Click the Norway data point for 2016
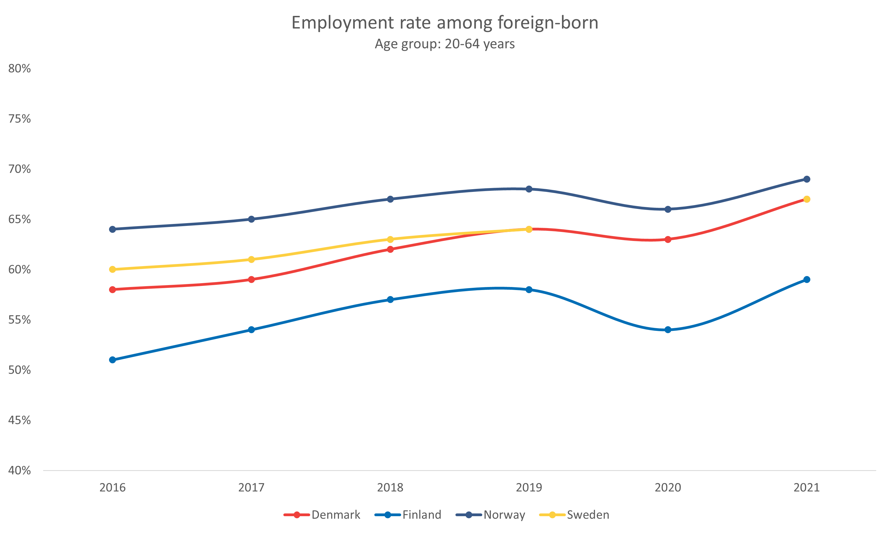click(x=113, y=229)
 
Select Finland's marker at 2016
click(x=113, y=360)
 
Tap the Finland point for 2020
click(x=668, y=330)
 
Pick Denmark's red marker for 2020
click(x=668, y=239)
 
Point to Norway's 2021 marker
click(x=807, y=179)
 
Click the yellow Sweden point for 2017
click(x=251, y=259)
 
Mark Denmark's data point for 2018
click(x=390, y=249)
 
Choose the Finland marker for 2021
click(x=807, y=280)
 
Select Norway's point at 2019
click(x=529, y=189)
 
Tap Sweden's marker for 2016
click(x=113, y=269)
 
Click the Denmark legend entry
click(x=322, y=515)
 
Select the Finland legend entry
click(x=408, y=515)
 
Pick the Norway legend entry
click(x=491, y=515)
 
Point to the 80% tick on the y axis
click(x=20, y=68)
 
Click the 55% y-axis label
click(x=20, y=320)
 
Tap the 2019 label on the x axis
click(x=529, y=488)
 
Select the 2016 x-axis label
click(x=113, y=488)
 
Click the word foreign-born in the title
click(x=548, y=23)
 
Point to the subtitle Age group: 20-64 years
click(x=445, y=44)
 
